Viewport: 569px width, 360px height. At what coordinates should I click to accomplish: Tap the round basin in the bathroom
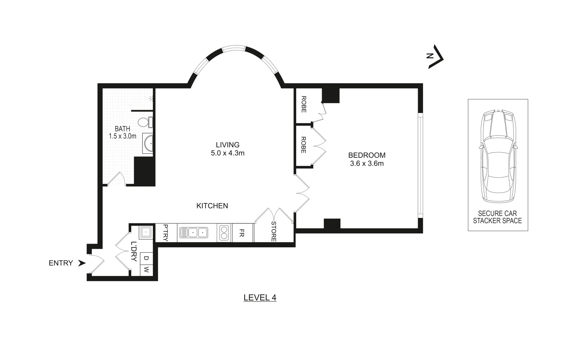(x=148, y=143)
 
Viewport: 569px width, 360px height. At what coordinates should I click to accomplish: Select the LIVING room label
(x=228, y=145)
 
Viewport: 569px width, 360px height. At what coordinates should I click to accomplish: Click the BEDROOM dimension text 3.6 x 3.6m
(x=366, y=164)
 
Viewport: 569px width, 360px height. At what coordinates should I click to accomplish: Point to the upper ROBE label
(x=303, y=104)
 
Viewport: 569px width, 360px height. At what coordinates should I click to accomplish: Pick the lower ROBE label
(x=303, y=145)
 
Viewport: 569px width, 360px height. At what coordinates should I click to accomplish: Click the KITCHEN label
(x=212, y=206)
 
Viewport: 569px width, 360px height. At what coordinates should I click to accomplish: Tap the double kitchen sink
(x=194, y=232)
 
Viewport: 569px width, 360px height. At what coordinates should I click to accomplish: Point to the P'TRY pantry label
(x=166, y=232)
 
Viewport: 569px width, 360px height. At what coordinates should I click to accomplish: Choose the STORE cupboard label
(x=274, y=231)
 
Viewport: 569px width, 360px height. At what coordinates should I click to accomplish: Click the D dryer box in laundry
(x=146, y=258)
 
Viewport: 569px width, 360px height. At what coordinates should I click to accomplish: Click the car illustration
(x=498, y=156)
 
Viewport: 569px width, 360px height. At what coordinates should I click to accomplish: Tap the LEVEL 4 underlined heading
(x=260, y=298)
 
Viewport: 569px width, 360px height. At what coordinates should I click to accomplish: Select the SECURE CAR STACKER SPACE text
(x=497, y=217)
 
